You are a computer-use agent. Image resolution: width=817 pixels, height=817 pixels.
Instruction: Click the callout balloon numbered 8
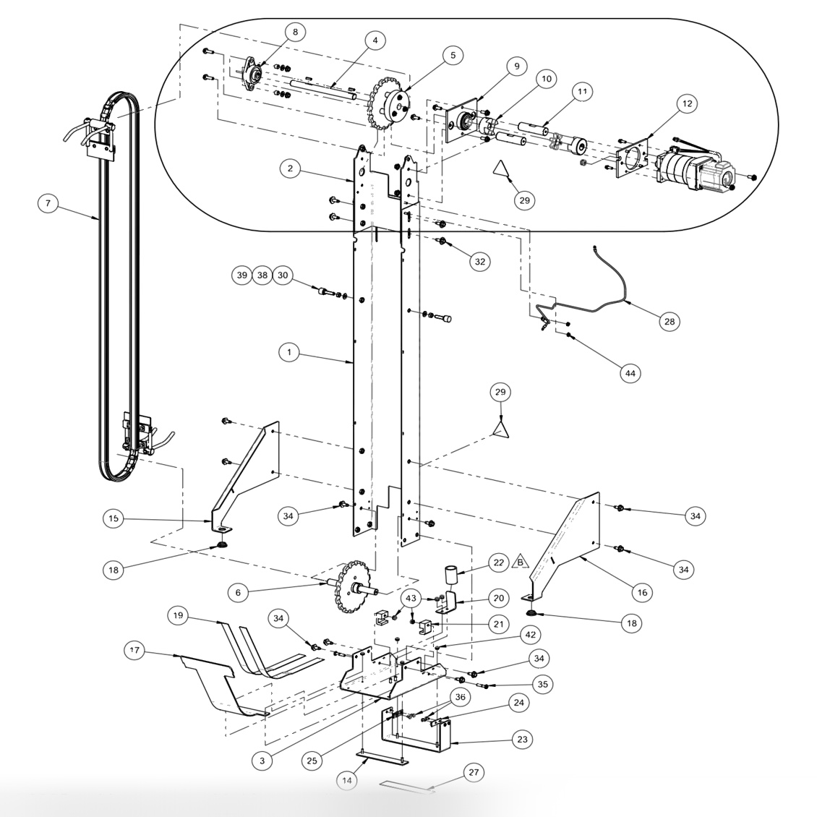coord(294,32)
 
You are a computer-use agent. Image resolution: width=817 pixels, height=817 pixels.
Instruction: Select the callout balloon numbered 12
coord(686,104)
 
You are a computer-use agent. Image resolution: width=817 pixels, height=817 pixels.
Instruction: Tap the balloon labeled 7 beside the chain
coord(48,204)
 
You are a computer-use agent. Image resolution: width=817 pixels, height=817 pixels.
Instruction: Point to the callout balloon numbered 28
coord(669,322)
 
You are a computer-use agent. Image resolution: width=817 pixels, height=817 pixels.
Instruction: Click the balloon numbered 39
coord(241,275)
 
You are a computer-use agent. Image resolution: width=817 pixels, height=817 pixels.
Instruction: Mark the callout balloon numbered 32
coord(479,262)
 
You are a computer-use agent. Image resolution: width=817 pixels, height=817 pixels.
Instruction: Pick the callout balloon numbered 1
coord(288,352)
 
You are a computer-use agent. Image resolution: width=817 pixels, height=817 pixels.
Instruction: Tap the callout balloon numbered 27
coord(474,772)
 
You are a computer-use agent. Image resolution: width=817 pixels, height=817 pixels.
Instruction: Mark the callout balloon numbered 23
coord(522,740)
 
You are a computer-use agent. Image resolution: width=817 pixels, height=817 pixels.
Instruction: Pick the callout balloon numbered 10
coord(545,78)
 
